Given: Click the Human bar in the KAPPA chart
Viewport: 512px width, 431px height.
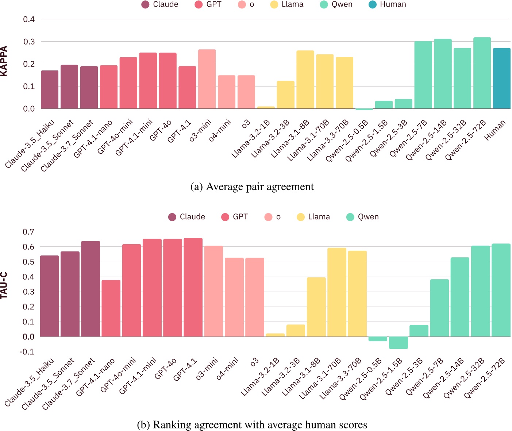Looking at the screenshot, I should (501, 78).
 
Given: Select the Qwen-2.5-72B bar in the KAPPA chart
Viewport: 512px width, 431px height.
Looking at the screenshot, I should (482, 73).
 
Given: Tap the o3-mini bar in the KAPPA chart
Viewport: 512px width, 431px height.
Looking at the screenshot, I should (207, 79).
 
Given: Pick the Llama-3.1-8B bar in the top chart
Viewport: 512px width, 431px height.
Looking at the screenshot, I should (305, 80).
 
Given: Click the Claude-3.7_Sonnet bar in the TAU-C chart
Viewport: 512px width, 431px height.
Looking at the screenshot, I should (91, 289).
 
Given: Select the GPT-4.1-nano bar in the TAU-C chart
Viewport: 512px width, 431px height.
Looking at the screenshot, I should (111, 308).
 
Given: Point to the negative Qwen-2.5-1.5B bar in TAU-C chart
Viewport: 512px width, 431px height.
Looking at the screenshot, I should (399, 343).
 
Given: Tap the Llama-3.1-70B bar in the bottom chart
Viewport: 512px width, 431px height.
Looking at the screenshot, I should (337, 292).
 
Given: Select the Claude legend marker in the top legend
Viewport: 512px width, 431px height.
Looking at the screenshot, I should (145, 5).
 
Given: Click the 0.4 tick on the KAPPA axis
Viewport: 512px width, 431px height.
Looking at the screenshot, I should (29, 19).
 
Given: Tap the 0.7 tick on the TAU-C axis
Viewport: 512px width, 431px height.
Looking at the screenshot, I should (28, 232).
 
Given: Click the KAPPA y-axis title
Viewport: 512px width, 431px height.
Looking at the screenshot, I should (4, 61).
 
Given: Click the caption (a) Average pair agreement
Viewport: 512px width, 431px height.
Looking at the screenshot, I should (252, 187).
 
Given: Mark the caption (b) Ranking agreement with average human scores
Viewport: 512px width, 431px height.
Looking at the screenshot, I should (252, 425).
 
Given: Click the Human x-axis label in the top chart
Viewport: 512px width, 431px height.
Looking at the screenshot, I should (495, 130).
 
